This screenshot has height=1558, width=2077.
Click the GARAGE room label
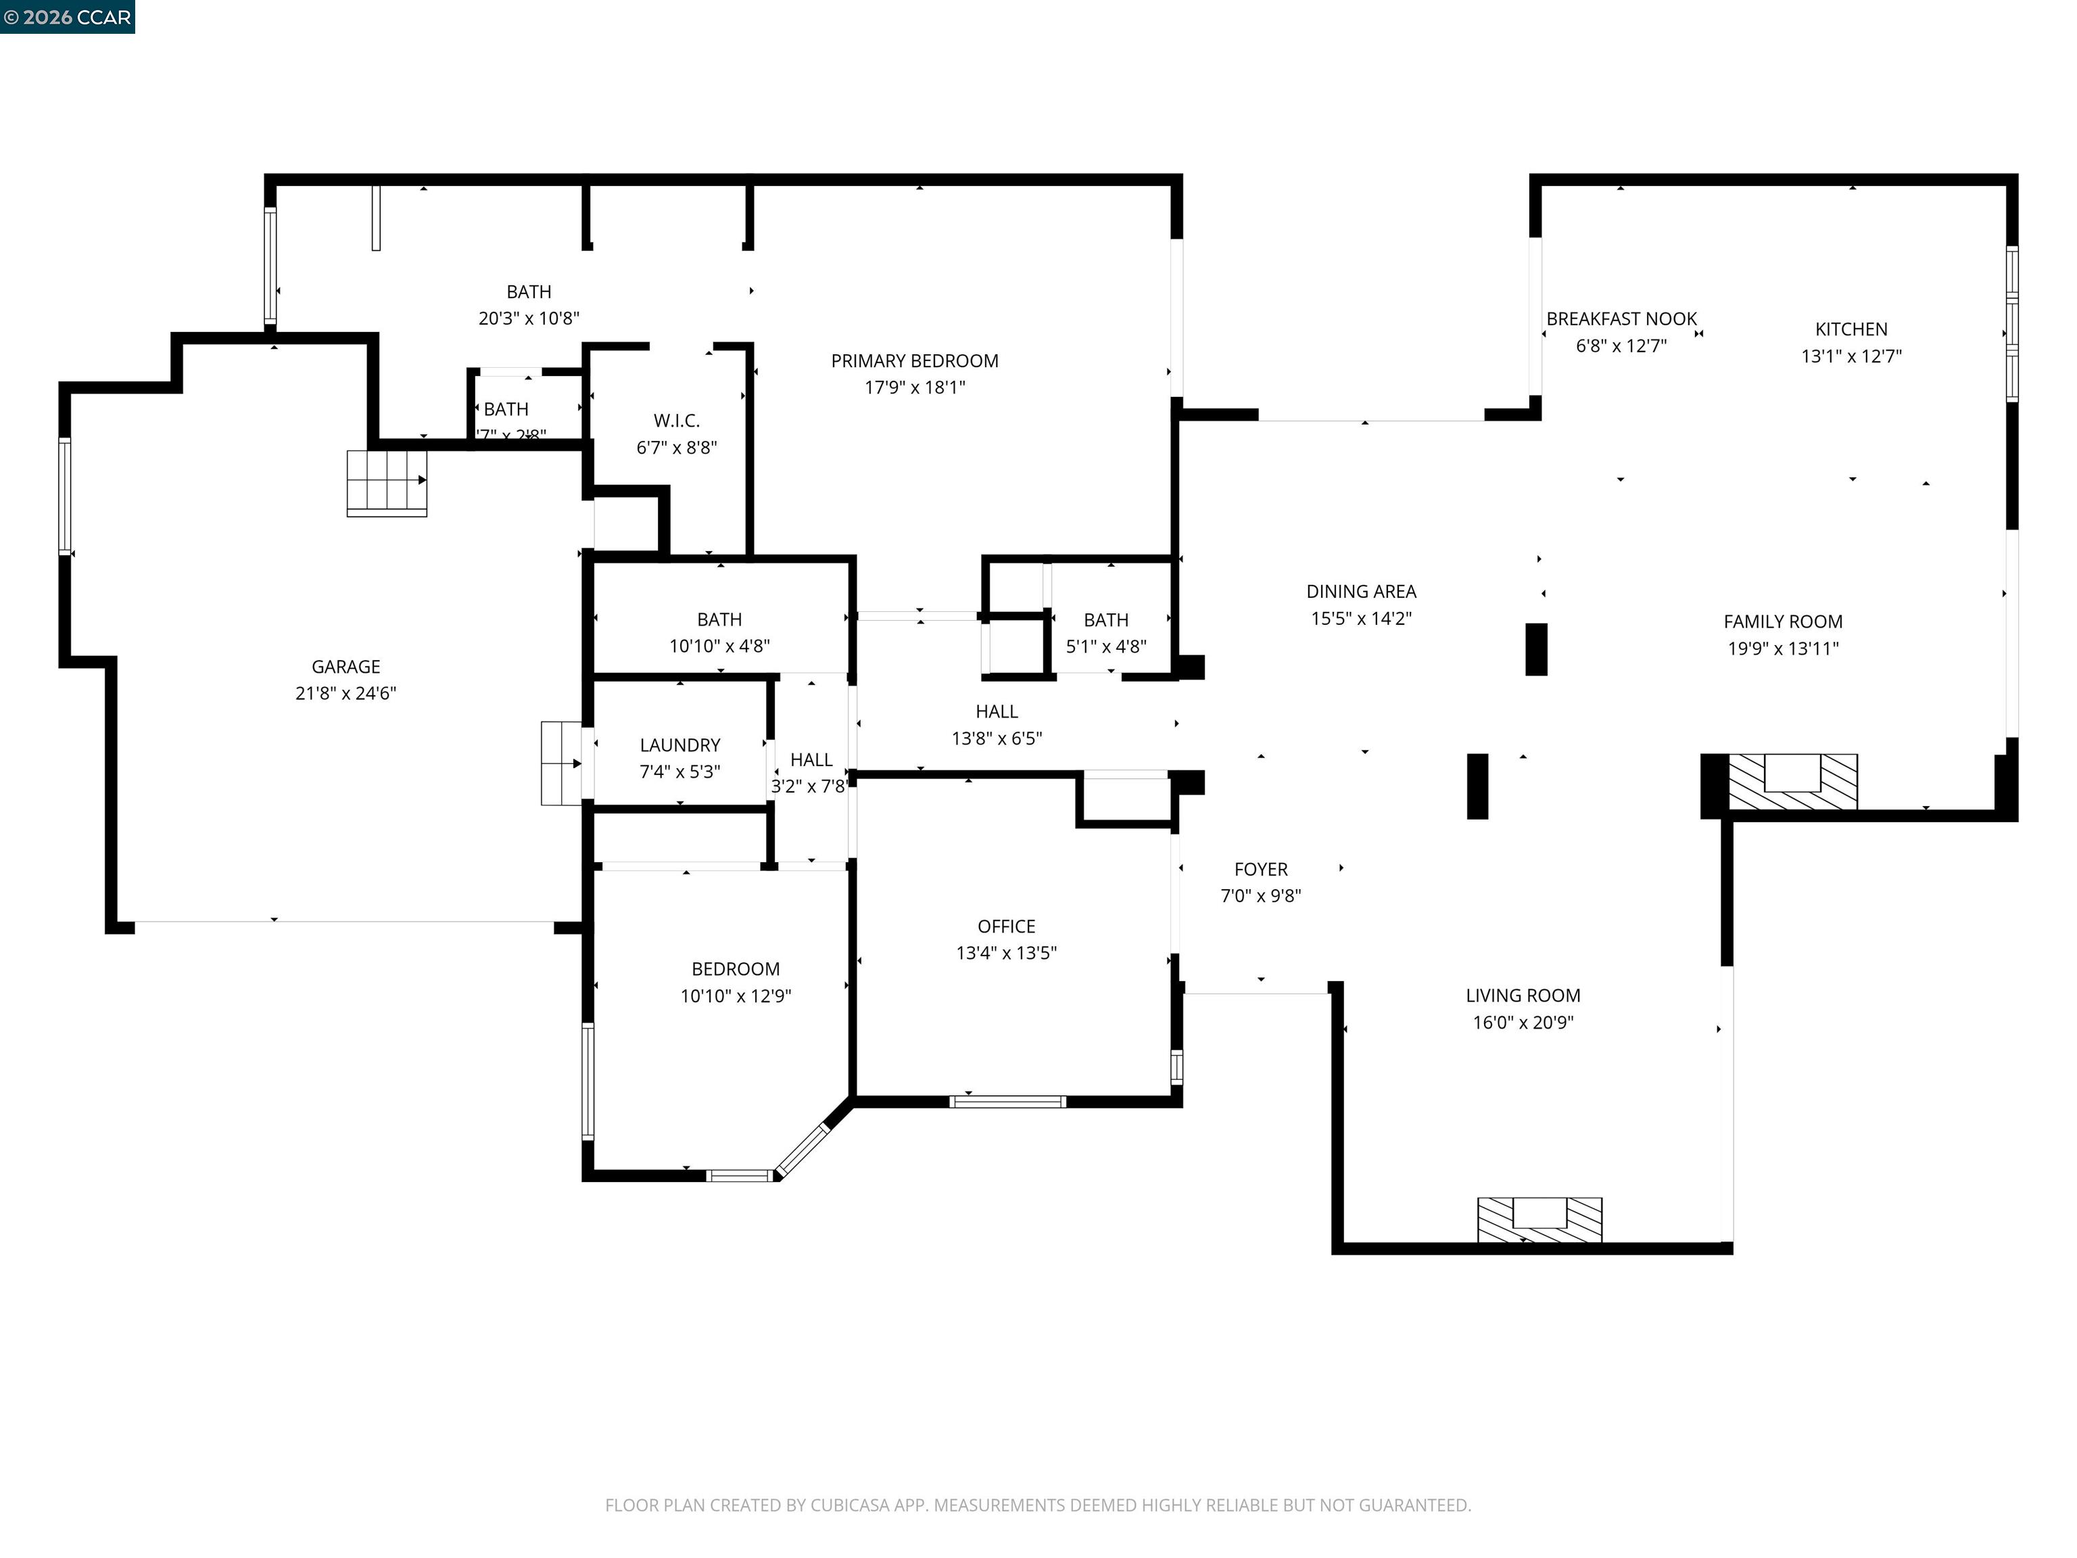[345, 667]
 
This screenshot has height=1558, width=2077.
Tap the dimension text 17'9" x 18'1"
[915, 387]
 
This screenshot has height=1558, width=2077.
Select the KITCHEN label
[1851, 329]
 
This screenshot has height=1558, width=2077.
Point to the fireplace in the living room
[1539, 1219]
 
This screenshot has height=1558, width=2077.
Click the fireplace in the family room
[1792, 780]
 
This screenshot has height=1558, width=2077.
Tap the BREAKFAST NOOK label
[1621, 319]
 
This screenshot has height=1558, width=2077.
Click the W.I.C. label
[676, 421]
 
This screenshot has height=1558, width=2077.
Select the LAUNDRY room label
[679, 745]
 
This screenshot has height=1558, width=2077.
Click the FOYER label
[1260, 870]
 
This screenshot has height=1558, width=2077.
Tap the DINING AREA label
[1360, 592]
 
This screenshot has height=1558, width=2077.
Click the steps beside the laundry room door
[560, 763]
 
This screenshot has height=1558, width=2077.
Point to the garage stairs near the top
[386, 483]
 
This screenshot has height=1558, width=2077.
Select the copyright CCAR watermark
[68, 17]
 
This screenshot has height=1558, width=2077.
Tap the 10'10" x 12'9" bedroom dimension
[735, 995]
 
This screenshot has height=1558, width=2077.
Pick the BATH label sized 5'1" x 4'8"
[1105, 620]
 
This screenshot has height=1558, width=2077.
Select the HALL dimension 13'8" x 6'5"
[997, 738]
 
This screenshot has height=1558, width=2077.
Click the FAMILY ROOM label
[1782, 621]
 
